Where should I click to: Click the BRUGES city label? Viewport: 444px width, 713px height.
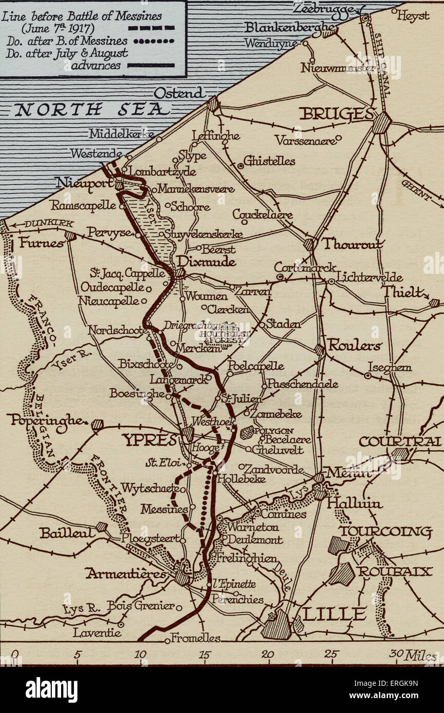click(x=335, y=114)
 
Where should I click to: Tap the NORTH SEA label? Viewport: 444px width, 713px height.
click(x=92, y=109)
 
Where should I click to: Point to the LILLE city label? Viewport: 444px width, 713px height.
click(x=334, y=613)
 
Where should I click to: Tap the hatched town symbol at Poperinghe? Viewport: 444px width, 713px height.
click(x=97, y=424)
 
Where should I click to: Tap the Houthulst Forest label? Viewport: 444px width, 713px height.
click(x=221, y=336)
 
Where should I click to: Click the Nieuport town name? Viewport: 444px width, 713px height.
click(x=84, y=183)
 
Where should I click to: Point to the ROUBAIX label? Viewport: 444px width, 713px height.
click(x=395, y=571)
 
